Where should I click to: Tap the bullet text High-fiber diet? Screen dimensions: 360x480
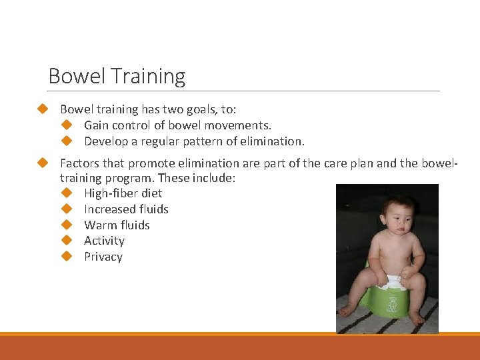(x=123, y=193)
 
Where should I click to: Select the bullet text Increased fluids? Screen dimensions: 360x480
(x=126, y=209)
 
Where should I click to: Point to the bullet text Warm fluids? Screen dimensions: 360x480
(x=117, y=225)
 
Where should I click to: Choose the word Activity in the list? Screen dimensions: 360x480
(x=104, y=241)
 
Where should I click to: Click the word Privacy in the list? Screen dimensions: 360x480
(x=103, y=257)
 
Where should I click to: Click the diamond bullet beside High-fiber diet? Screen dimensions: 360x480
(x=66, y=193)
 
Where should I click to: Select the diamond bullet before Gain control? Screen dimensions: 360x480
(x=66, y=125)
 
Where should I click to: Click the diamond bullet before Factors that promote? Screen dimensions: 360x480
(x=43, y=163)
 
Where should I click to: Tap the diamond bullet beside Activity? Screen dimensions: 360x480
(x=66, y=241)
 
